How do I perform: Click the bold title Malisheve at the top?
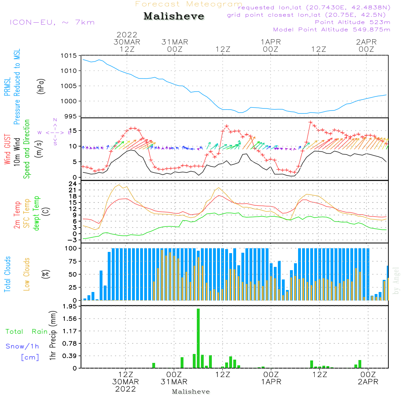pos(174,17)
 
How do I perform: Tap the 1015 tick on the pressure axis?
pos(69,55)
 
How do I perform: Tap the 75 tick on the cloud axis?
pos(72,261)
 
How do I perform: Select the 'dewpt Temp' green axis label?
pos(37,213)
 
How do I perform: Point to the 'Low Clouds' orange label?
pos(27,274)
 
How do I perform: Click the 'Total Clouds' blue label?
pos(8,274)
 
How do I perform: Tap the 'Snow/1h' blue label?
pos(22,346)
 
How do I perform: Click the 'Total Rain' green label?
pos(27,331)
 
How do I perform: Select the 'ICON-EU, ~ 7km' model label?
pos(52,22)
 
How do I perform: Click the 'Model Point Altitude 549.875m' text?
pos(332,30)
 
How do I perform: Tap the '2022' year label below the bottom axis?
pos(126,389)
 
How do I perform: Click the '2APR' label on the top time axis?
pos(367,42)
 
